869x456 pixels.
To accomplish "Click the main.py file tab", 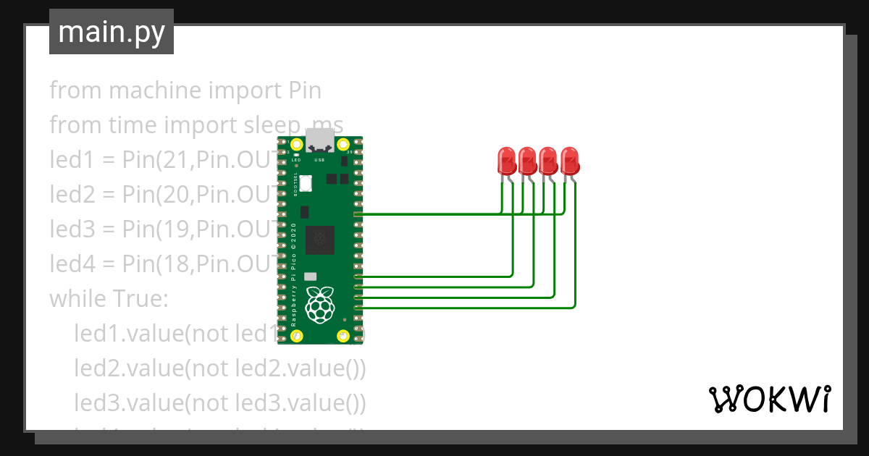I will coord(111,32).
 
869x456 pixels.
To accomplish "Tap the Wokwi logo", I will coord(768,399).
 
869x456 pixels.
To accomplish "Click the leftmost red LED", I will coord(506,160).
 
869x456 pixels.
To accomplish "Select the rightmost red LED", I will coord(570,160).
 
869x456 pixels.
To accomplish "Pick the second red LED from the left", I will coord(527,160).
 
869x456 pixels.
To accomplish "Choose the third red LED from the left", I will coord(548,160).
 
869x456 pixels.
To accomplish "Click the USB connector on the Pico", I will coord(319,140).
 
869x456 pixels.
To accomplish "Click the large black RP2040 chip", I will coord(319,240).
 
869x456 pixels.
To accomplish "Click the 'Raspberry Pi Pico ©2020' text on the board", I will coord(295,275).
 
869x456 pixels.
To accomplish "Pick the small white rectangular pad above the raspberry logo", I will coord(311,276).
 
